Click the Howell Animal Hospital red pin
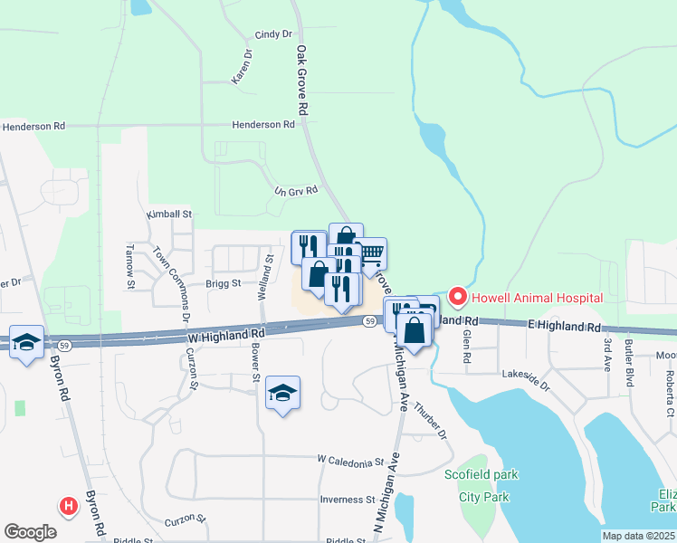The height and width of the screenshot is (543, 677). pos(458,296)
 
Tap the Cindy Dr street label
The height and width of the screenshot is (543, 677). pos(274,34)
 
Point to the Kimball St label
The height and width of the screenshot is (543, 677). pos(170,214)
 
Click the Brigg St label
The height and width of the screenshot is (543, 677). pos(223,282)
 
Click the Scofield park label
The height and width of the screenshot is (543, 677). pos(482,474)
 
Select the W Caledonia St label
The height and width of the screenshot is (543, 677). pos(351,462)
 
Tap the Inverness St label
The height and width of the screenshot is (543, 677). pos(347,500)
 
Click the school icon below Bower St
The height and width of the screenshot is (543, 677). pos(282,393)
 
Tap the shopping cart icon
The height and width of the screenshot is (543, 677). pos(370,252)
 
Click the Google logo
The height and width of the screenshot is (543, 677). pos(30,532)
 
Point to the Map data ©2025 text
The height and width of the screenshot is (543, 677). pos(638,536)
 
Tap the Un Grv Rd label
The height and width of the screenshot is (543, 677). pos(296,191)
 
